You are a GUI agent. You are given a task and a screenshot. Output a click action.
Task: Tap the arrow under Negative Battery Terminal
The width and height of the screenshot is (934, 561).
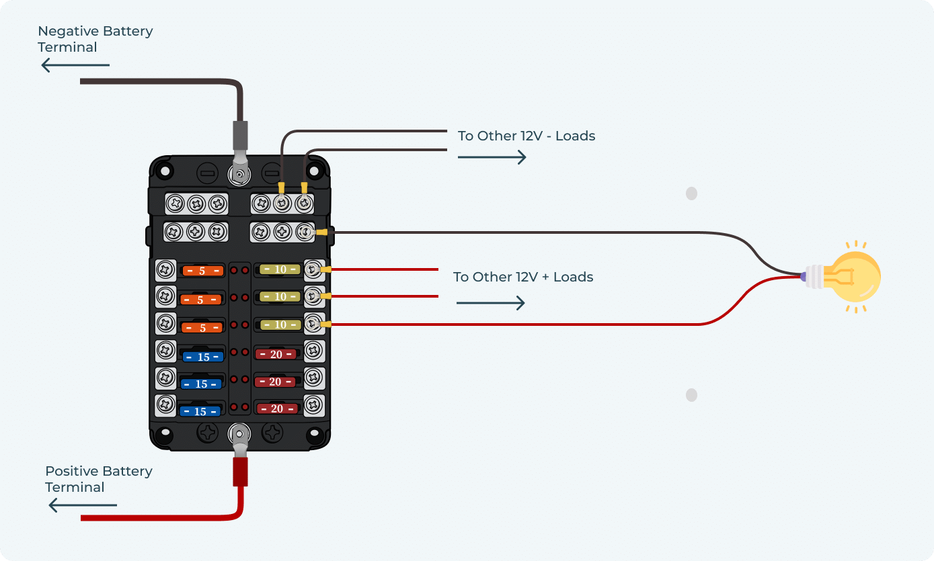75,65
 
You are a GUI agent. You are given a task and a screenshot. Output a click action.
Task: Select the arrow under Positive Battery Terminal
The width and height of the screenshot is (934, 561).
83,505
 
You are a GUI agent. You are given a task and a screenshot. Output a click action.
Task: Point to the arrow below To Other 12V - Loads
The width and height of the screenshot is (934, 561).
492,157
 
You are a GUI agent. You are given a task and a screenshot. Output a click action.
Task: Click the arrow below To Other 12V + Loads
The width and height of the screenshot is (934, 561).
490,303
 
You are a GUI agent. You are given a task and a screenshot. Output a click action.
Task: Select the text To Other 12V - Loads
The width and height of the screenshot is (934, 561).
527,136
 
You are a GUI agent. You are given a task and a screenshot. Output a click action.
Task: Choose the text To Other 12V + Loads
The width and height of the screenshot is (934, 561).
523,277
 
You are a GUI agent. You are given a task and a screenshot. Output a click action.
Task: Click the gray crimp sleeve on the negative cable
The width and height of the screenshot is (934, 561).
240,135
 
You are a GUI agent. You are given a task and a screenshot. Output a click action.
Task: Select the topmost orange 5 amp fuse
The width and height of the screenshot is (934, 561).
202,271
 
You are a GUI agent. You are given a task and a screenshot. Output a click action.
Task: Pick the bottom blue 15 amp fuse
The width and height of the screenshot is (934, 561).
200,411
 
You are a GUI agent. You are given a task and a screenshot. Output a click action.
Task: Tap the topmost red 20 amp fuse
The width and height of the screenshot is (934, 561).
276,354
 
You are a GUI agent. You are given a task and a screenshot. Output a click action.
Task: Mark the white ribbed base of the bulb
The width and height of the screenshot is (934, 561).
814,276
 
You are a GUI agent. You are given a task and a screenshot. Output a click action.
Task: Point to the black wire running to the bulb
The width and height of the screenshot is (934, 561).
538,233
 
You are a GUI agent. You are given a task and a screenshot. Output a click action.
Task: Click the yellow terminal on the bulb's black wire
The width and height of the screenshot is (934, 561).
322,233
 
